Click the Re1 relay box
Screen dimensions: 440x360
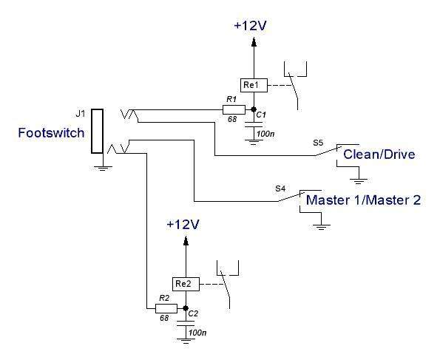pyautogui.click(x=254, y=85)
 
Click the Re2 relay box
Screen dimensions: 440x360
pyautogui.click(x=186, y=285)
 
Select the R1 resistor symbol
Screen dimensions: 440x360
pyautogui.click(x=234, y=109)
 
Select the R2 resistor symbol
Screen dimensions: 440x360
pyautogui.click(x=166, y=309)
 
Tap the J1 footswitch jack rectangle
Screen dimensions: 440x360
pyautogui.click(x=97, y=131)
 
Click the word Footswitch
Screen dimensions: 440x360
pyautogui.click(x=51, y=133)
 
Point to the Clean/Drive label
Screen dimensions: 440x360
pyautogui.click(x=379, y=154)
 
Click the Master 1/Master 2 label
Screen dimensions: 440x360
pyautogui.click(x=363, y=200)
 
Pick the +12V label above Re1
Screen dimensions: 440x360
pyautogui.click(x=250, y=26)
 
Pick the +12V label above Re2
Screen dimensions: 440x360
pyautogui.click(x=183, y=225)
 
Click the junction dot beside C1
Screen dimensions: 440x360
pyautogui.click(x=254, y=109)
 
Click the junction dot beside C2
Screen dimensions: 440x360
pyautogui.click(x=186, y=308)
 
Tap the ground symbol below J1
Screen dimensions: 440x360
pyautogui.click(x=103, y=169)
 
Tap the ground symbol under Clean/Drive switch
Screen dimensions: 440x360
pyautogui.click(x=359, y=180)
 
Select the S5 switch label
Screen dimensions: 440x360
pyautogui.click(x=318, y=143)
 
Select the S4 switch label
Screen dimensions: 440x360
pyautogui.click(x=280, y=189)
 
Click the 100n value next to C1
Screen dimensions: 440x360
pyautogui.click(x=265, y=134)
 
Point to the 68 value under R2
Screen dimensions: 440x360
pyautogui.click(x=164, y=318)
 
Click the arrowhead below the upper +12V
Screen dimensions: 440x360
pyautogui.click(x=254, y=42)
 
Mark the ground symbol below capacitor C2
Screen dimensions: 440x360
pyautogui.click(x=186, y=341)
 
